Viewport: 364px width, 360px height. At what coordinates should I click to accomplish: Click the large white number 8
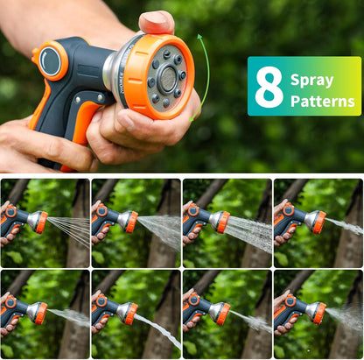[269, 87]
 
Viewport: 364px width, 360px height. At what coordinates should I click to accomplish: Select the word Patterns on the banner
[322, 101]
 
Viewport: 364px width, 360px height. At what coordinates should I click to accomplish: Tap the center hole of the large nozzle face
[166, 77]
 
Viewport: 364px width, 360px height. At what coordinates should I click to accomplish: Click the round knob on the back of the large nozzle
[50, 60]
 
